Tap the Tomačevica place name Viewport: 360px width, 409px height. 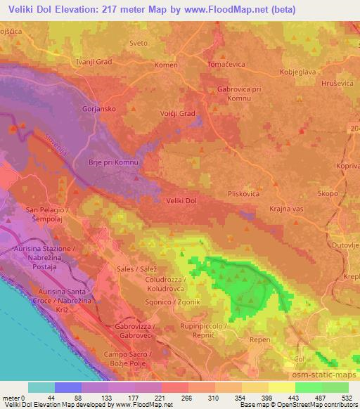coord(226,64)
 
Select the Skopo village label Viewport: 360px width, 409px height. coord(328,192)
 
